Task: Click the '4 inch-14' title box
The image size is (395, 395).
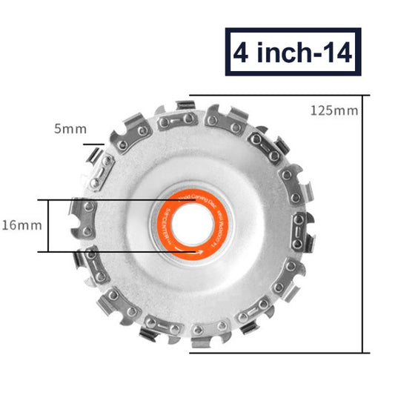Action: [x=293, y=53]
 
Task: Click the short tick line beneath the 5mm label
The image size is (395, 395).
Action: [x=93, y=145]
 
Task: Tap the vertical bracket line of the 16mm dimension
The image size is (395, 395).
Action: [x=49, y=226]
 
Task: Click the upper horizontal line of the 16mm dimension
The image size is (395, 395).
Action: [x=111, y=200]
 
